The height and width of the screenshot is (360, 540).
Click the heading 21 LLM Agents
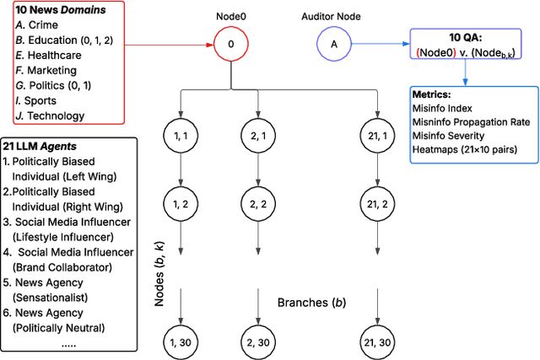44,147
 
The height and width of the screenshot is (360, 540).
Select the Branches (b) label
312,301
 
